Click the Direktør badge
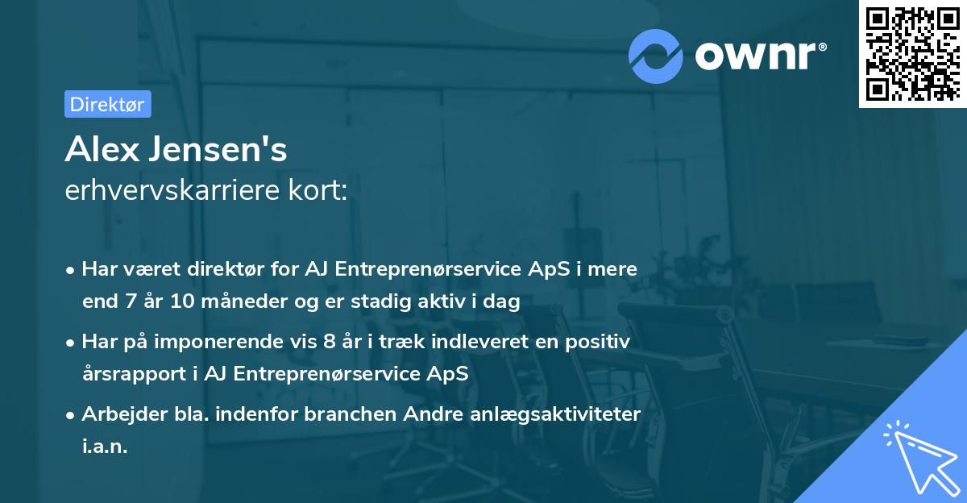pos(107,104)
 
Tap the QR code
pos(912,53)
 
